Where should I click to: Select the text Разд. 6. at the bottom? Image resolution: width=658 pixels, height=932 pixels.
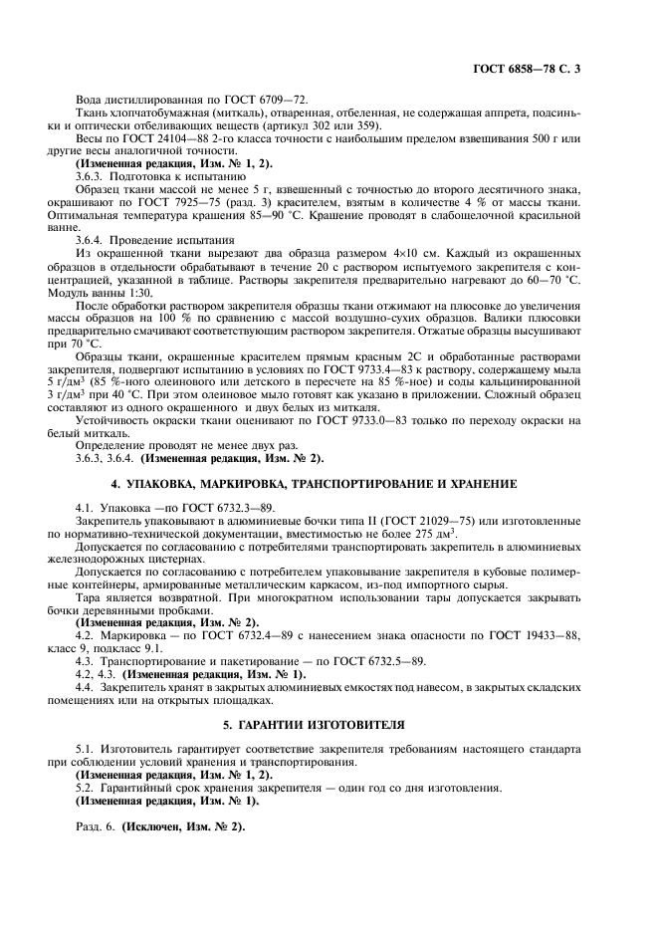click(98, 827)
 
